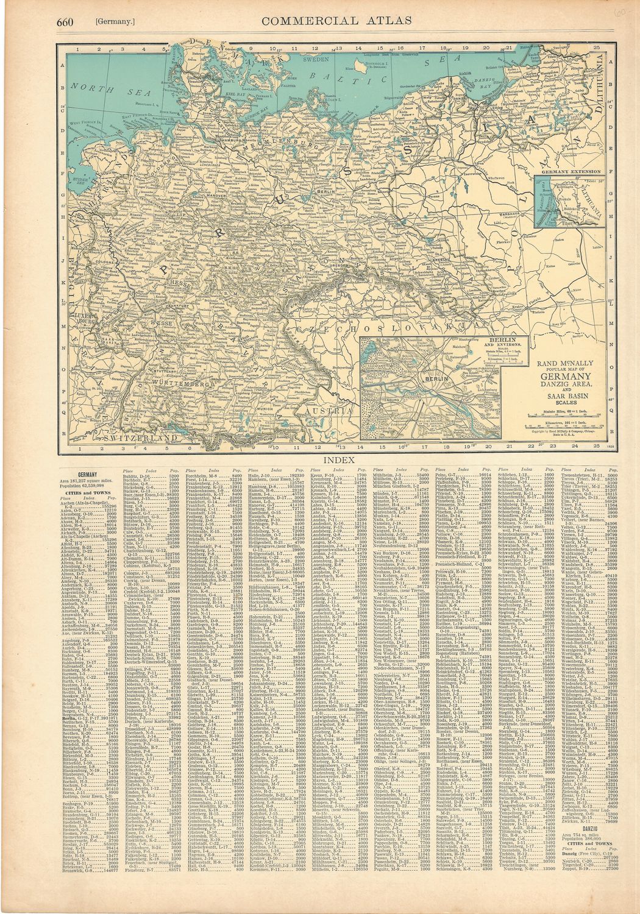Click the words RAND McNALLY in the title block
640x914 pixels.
click(559, 363)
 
